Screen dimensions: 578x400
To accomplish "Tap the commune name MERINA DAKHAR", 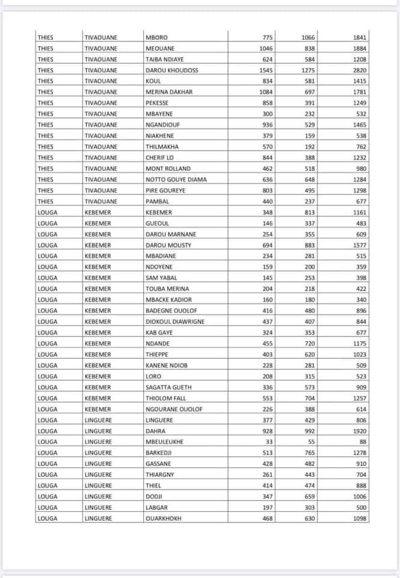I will pyautogui.click(x=169, y=92).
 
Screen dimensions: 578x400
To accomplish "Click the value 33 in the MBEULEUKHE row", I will pyautogui.click(x=269, y=442).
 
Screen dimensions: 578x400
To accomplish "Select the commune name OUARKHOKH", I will pyautogui.click(x=163, y=518).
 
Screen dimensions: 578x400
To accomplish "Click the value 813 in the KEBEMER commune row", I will pyautogui.click(x=309, y=213).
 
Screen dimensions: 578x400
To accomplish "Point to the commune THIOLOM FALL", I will pyautogui.click(x=166, y=399).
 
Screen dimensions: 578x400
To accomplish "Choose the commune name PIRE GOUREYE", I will pyautogui.click(x=165, y=190).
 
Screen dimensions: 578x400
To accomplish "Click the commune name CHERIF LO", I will pyautogui.click(x=159, y=158).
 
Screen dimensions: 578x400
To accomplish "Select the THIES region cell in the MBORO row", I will pyautogui.click(x=45, y=37).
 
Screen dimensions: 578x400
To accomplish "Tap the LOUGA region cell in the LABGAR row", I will pyautogui.click(x=48, y=508).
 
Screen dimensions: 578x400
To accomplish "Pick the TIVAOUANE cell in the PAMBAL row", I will pyautogui.click(x=101, y=202).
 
